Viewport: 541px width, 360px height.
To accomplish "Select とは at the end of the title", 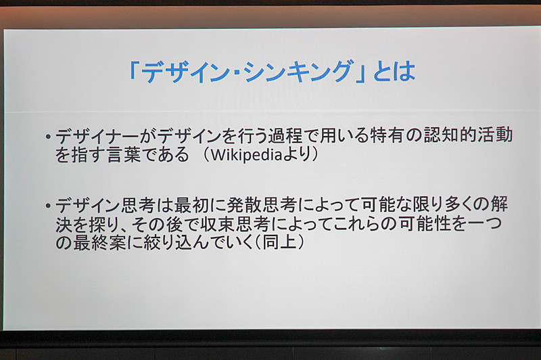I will tap(393, 70).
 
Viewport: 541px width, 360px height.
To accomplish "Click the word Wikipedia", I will tap(244, 155).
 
